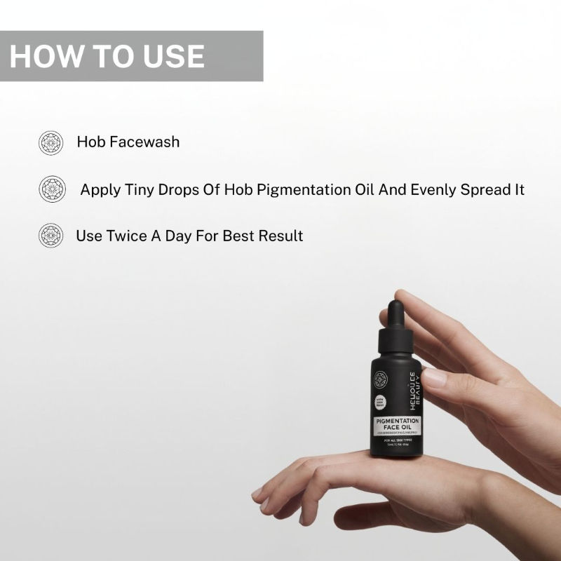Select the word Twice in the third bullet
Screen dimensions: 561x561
127,236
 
